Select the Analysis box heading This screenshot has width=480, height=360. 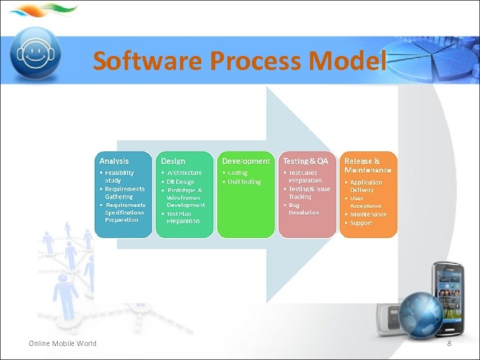114,161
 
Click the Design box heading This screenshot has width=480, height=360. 173,161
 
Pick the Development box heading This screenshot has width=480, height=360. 246,161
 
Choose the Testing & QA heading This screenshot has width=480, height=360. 305,161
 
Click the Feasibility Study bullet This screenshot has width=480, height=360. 119,177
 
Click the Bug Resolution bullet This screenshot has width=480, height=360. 303,209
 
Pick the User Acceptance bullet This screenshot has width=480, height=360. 366,202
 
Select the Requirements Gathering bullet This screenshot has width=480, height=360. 124,193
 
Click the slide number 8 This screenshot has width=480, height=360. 449,343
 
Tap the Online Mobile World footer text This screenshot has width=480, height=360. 63,343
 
